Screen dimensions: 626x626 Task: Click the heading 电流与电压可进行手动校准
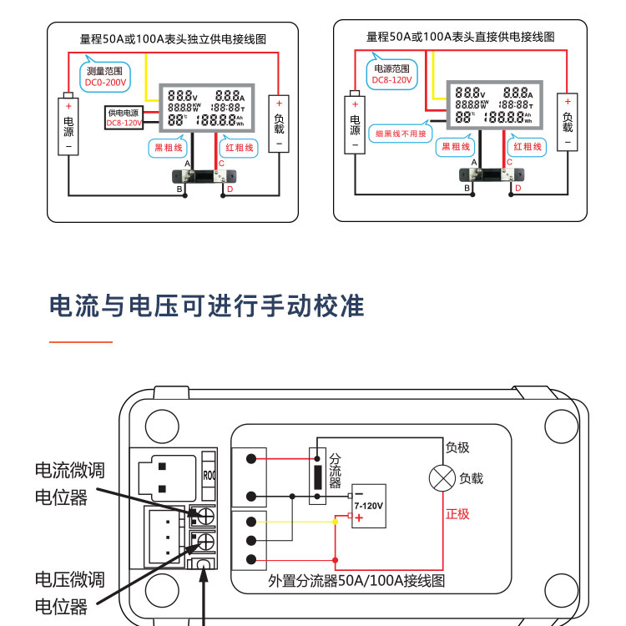point(207,305)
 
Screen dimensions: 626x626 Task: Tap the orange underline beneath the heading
point(80,342)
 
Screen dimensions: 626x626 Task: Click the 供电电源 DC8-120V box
point(124,118)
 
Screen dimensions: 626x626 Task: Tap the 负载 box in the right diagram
point(568,122)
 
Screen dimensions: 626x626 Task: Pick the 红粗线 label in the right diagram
point(528,147)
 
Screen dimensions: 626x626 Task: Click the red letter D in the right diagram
point(518,189)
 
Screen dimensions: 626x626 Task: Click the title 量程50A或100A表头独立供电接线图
point(173,38)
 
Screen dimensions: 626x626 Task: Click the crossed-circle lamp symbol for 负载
point(441,478)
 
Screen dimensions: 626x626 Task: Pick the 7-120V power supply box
point(368,506)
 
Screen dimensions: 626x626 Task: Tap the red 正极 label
point(457,513)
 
